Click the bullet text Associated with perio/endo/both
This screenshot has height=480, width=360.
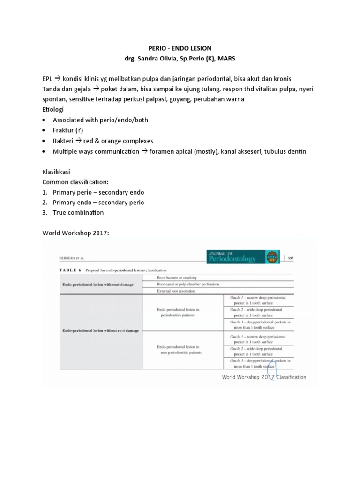tap(100, 120)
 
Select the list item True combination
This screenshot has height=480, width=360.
tap(78, 212)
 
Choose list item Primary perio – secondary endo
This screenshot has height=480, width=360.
tap(98, 192)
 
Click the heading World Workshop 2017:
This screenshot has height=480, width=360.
tap(75, 233)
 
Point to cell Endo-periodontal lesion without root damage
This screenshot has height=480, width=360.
tap(100, 330)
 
